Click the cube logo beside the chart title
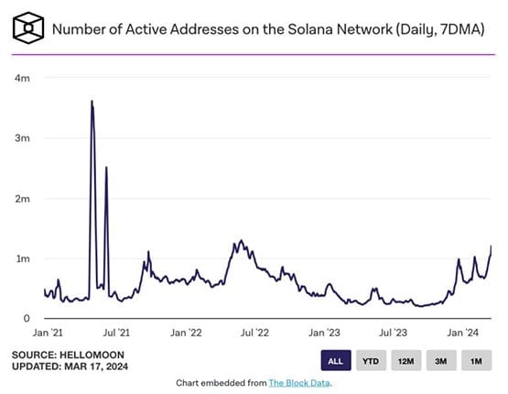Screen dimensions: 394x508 [x=27, y=28]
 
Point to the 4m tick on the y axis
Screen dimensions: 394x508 [x=22, y=79]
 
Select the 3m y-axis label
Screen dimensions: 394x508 [x=22, y=138]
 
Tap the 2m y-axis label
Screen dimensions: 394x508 [x=22, y=199]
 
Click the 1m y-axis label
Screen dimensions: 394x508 [x=22, y=258]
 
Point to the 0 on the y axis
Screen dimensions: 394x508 [x=26, y=319]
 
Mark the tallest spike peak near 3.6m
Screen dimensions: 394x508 [x=92, y=101]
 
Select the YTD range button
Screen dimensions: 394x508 [x=371, y=361]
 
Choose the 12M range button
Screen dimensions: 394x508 [x=405, y=361]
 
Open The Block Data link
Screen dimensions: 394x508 [x=297, y=382]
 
